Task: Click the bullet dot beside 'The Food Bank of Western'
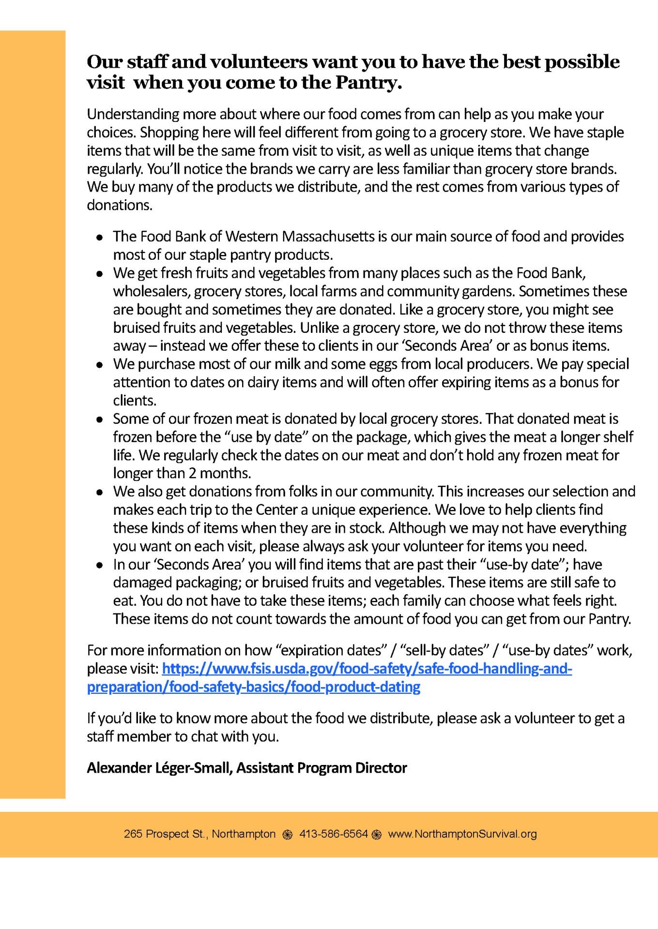point(100,237)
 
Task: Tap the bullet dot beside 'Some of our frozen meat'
point(100,420)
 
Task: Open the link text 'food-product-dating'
point(372,687)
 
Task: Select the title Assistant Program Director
point(321,768)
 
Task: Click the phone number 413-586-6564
point(334,834)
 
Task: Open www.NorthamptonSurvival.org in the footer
point(462,834)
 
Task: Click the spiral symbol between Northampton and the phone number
point(288,835)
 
